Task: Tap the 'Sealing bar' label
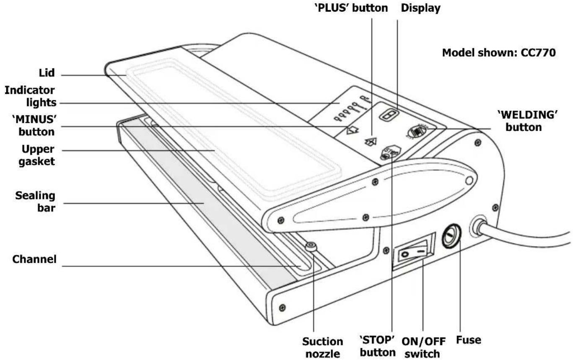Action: [36, 201]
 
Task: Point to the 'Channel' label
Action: [34, 259]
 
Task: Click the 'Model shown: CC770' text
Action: [499, 53]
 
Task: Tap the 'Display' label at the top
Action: [420, 8]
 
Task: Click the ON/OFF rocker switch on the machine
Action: [412, 251]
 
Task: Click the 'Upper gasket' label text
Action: [38, 155]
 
